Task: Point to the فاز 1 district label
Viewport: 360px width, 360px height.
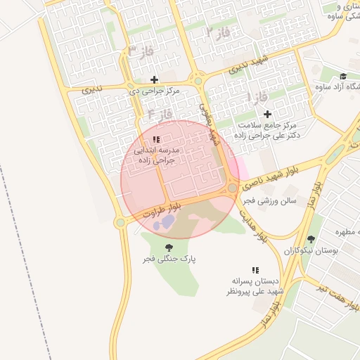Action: [x=257, y=95]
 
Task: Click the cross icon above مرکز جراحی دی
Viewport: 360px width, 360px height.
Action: [x=154, y=79]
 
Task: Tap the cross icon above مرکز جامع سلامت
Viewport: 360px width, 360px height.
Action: [x=266, y=114]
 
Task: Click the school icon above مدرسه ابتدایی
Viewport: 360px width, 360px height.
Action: [x=156, y=139]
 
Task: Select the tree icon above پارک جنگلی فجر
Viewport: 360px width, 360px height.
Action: [x=169, y=247]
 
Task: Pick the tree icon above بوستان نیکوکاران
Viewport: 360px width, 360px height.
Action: [x=311, y=239]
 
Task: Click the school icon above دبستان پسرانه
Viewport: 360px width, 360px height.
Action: [x=255, y=270]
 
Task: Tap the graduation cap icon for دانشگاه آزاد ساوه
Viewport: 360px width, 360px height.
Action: [x=343, y=77]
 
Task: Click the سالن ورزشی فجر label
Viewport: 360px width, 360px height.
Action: [x=271, y=201]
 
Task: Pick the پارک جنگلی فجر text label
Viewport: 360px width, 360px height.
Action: [x=169, y=259]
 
